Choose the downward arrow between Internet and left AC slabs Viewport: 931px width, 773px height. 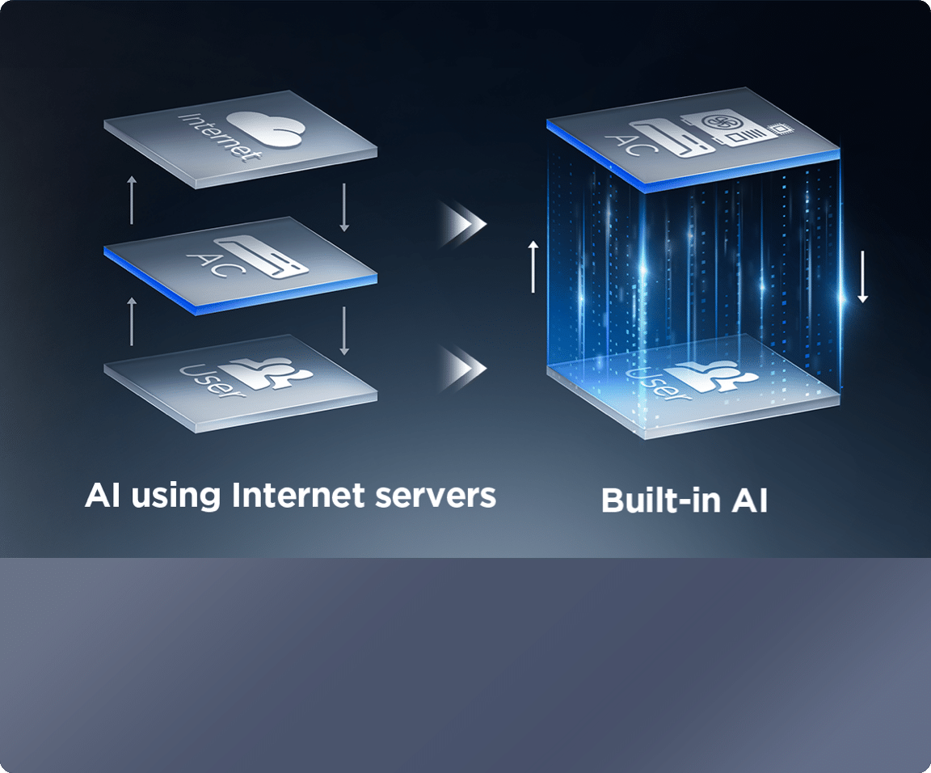(x=344, y=207)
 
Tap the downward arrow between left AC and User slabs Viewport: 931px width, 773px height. (x=344, y=330)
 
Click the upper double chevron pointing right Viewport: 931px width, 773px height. (x=465, y=224)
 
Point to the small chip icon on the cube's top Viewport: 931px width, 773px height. (x=780, y=128)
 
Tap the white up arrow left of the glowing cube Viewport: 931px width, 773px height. (x=533, y=265)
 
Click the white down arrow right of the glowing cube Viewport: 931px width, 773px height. (x=862, y=277)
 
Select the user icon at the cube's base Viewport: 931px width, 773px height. (x=715, y=374)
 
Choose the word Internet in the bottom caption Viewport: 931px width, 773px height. (x=297, y=495)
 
